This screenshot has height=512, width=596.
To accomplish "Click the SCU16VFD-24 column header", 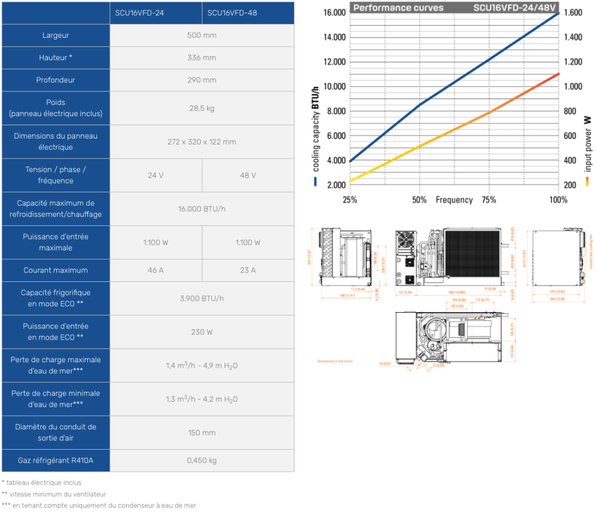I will [x=139, y=13].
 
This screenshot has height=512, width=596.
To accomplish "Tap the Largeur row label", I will [x=56, y=36].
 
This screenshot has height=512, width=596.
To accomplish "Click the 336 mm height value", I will [x=202, y=58].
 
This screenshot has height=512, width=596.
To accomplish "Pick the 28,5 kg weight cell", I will [x=202, y=108].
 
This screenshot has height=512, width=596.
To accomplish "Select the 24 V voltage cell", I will [x=155, y=175].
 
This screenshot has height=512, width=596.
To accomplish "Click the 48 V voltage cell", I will [x=248, y=175].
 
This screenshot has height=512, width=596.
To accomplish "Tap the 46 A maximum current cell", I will [x=155, y=270].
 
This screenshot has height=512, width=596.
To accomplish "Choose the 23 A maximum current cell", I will [x=248, y=270].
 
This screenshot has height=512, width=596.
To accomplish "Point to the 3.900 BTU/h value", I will [x=202, y=298].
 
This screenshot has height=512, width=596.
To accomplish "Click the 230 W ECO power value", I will [x=202, y=332].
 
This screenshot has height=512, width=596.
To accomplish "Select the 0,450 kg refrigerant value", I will [x=202, y=461].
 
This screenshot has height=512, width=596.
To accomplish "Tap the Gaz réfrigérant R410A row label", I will [x=56, y=461].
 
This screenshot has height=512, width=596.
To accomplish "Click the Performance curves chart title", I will [x=398, y=8].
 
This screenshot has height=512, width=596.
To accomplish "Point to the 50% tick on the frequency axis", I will [x=419, y=200].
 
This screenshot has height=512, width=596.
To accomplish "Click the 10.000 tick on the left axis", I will [x=331, y=87].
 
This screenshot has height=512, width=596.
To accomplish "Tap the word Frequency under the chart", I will [x=454, y=200].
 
